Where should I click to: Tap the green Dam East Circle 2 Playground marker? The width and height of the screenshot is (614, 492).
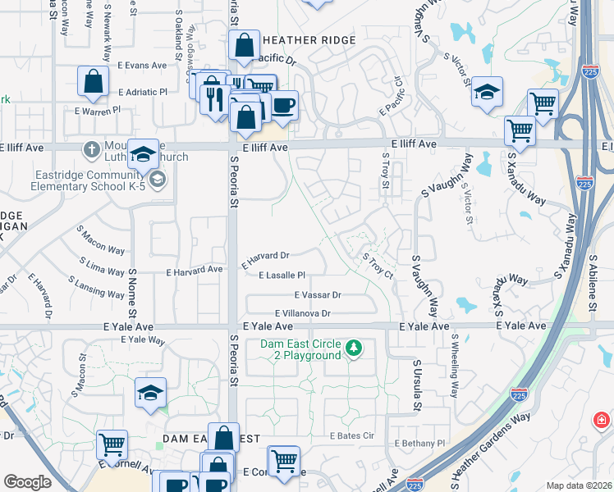[354, 349]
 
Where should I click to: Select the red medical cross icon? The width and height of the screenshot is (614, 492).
[602, 421]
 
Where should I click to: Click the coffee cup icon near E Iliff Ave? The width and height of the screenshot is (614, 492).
[283, 106]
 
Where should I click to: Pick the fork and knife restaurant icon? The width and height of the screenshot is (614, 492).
[215, 99]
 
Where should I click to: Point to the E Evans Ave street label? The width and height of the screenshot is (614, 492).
[142, 66]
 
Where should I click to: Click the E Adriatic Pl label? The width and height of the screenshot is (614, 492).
[142, 93]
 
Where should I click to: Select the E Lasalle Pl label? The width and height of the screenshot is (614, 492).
[282, 276]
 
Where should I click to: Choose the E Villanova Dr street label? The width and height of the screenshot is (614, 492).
[303, 313]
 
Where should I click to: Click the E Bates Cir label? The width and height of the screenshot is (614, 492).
[351, 435]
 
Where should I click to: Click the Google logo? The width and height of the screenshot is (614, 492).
[27, 482]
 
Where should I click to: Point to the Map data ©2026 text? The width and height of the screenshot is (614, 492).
[579, 485]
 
